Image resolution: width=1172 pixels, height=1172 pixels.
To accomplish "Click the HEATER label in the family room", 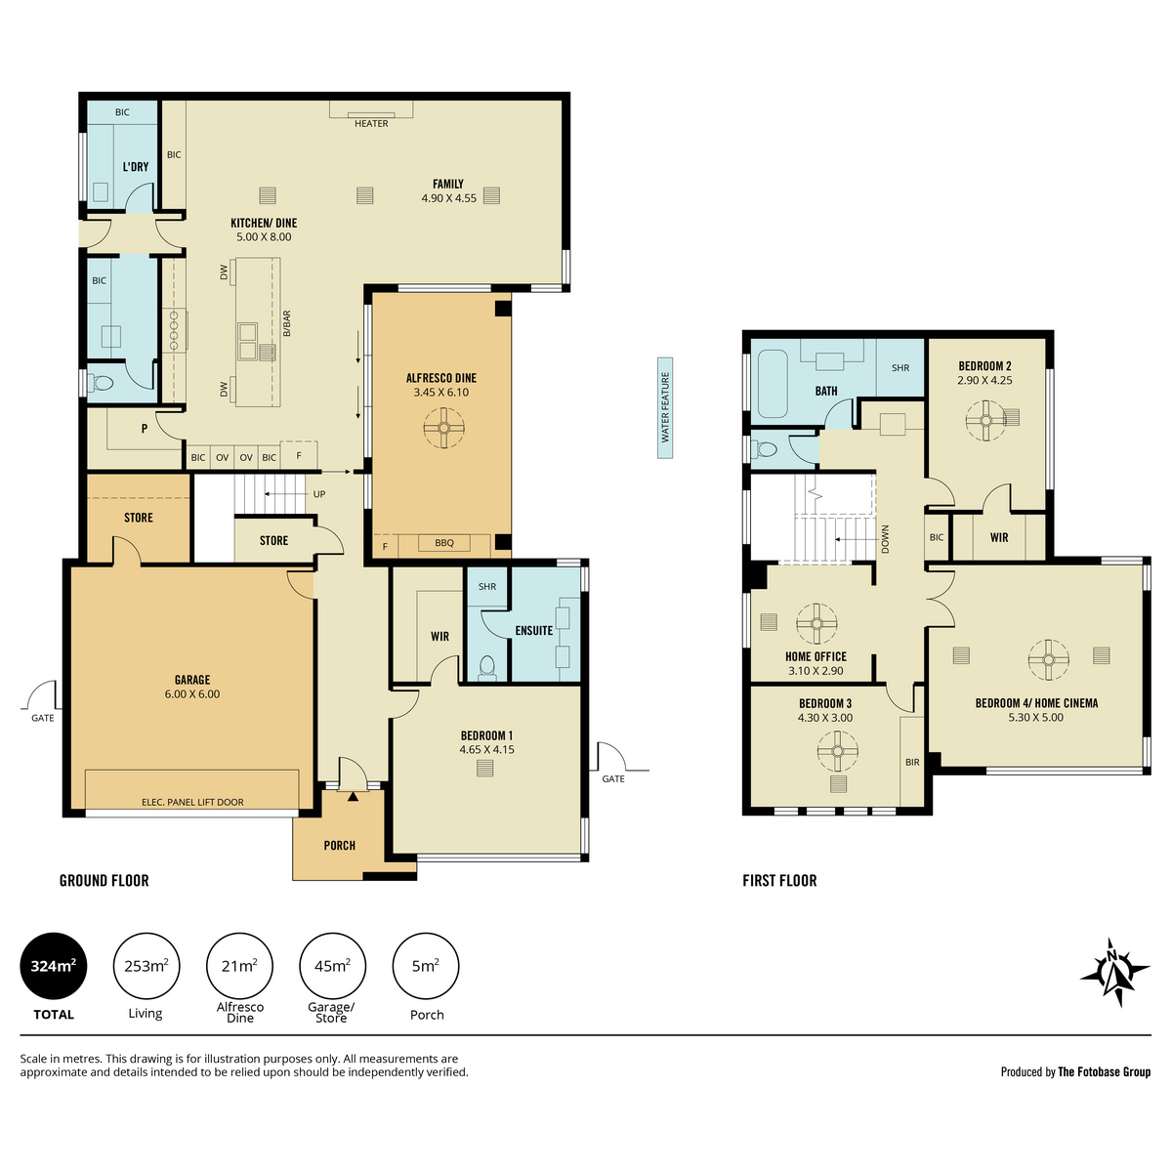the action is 371,123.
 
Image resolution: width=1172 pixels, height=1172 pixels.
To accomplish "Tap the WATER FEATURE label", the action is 665,407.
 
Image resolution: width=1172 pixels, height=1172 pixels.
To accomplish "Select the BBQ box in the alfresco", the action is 444,542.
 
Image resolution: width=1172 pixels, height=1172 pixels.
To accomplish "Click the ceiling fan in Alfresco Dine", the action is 444,428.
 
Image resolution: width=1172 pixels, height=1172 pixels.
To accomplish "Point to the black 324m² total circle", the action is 54,966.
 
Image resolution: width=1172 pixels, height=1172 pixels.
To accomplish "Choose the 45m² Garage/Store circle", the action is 332,966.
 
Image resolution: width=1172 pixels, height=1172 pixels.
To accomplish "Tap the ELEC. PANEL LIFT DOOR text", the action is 192,802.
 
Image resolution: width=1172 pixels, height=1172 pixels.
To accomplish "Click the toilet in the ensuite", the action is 487,667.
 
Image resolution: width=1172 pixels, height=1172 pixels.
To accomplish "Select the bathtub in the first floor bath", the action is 773,384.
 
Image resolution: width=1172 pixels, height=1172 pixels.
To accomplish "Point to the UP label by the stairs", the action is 319,494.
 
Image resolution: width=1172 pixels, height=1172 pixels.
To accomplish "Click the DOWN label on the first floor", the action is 885,539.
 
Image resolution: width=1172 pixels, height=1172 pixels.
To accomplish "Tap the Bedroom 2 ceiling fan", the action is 985,421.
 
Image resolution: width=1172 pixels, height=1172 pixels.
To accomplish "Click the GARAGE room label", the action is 192,680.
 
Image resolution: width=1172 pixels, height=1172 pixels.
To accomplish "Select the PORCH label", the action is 339,846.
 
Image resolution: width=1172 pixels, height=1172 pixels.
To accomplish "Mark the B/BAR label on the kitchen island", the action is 286,323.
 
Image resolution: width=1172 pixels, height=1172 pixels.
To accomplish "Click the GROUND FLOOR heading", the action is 104,881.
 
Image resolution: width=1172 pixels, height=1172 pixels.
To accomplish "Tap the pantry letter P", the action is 145,429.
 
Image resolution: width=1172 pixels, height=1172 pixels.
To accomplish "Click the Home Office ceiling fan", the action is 816,623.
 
